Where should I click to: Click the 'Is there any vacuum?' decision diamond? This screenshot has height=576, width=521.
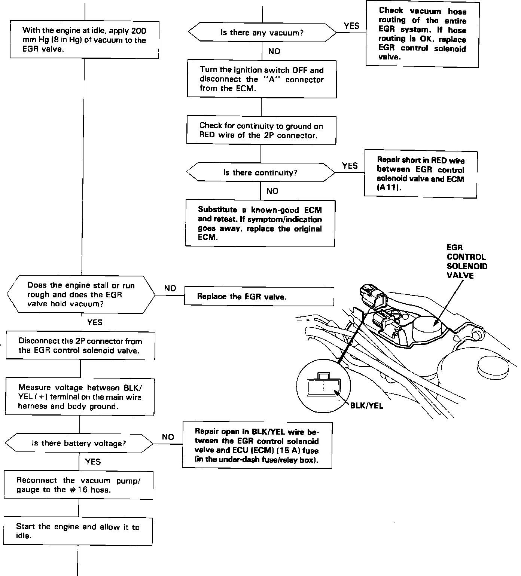click(262, 33)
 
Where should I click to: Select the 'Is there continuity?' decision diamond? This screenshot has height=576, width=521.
click(260, 172)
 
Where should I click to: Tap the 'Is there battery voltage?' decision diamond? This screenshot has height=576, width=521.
click(79, 443)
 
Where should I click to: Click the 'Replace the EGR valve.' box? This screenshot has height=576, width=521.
click(259, 297)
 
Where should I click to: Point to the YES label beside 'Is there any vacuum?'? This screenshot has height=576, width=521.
click(351, 26)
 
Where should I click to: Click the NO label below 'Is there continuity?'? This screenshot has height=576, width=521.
click(272, 191)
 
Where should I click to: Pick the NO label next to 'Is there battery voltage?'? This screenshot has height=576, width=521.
click(168, 436)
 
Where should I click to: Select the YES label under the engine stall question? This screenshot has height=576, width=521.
click(95, 322)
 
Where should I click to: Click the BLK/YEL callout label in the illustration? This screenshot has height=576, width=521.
click(366, 405)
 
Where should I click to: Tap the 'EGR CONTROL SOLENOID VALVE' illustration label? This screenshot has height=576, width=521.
click(466, 261)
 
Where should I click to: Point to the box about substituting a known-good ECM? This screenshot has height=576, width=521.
click(260, 223)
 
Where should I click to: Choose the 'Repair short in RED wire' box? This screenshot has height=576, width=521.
click(420, 174)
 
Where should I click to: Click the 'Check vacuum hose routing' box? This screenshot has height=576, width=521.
click(422, 34)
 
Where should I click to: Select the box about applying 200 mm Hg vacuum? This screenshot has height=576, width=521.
click(84, 40)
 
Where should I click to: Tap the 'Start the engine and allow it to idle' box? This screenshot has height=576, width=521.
click(78, 531)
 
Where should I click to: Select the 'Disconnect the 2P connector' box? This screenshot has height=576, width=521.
click(80, 346)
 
